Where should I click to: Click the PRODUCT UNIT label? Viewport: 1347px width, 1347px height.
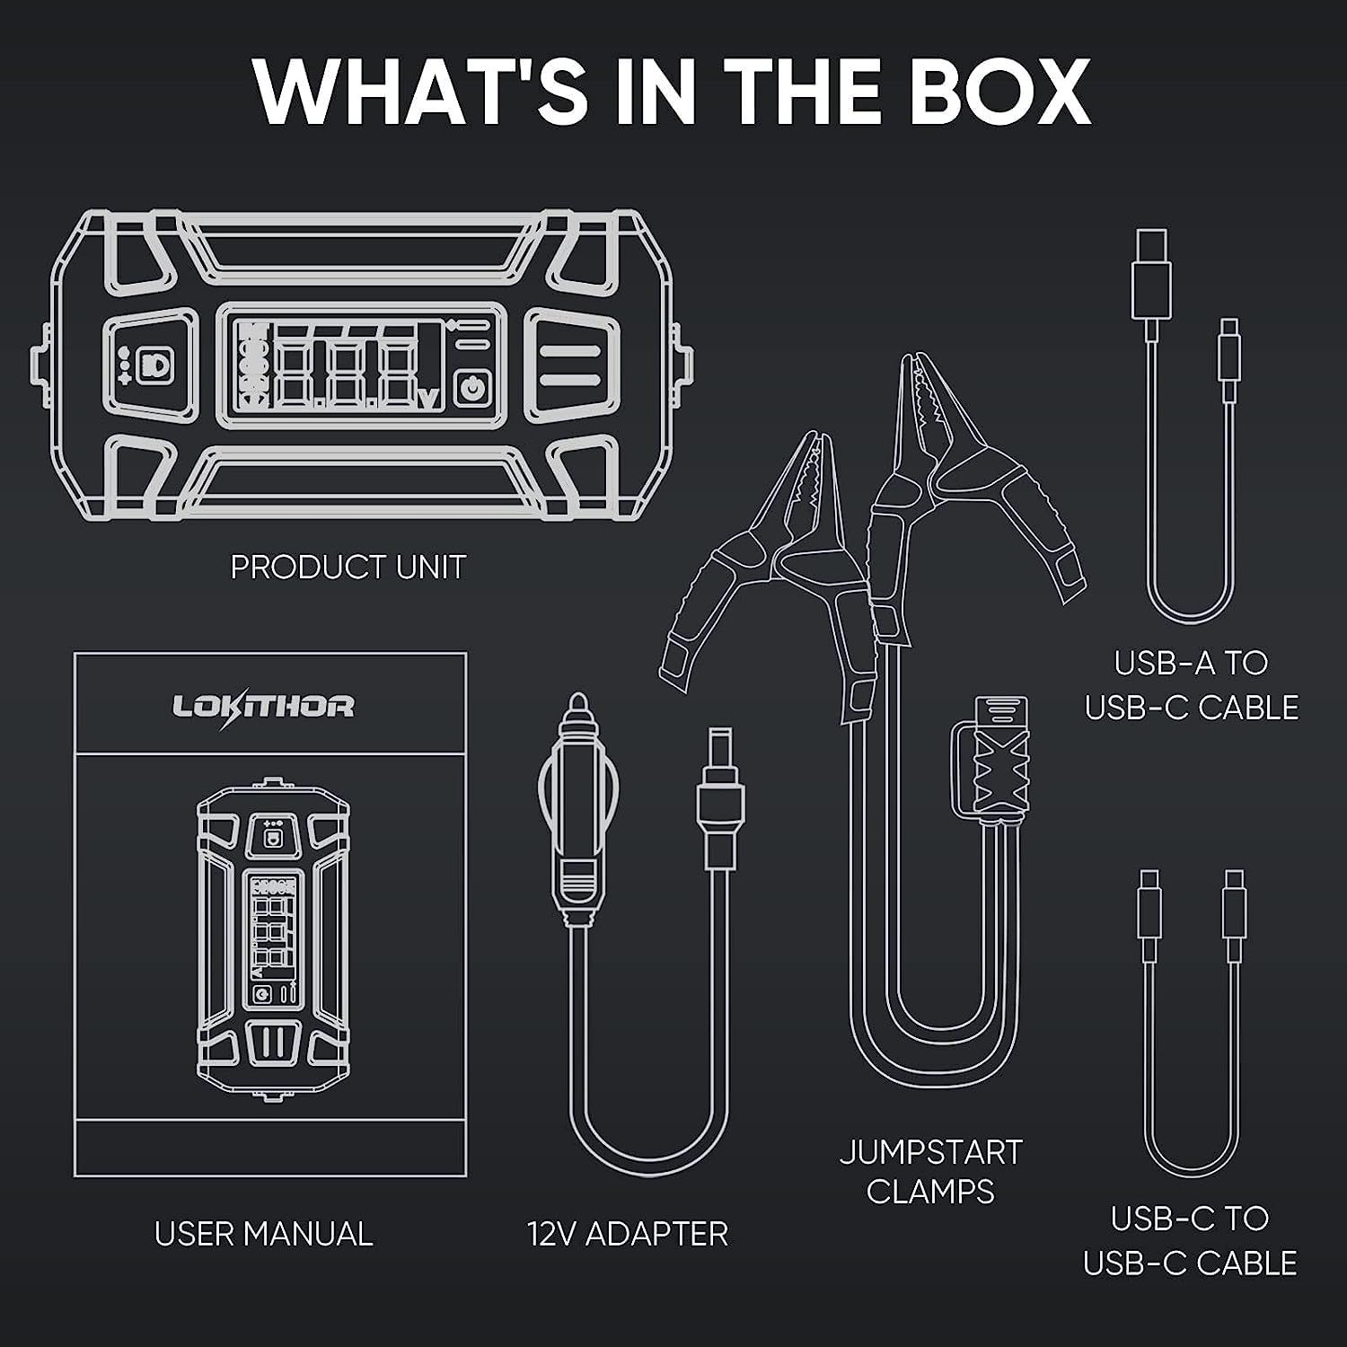pyautogui.click(x=348, y=567)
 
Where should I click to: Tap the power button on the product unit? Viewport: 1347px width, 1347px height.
pyautogui.click(x=470, y=389)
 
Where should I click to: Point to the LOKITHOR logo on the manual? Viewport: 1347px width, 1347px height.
pyautogui.click(x=263, y=706)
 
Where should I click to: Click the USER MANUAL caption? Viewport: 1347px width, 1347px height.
pyautogui.click(x=263, y=1233)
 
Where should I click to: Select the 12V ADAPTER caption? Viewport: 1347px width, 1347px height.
pyautogui.click(x=628, y=1233)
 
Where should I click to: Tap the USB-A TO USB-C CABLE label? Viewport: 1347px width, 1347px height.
pyautogui.click(x=1192, y=685)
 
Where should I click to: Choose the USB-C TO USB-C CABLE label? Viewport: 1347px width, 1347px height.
pyautogui.click(x=1191, y=1240)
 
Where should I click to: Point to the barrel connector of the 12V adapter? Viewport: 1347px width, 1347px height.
pyautogui.click(x=720, y=795)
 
